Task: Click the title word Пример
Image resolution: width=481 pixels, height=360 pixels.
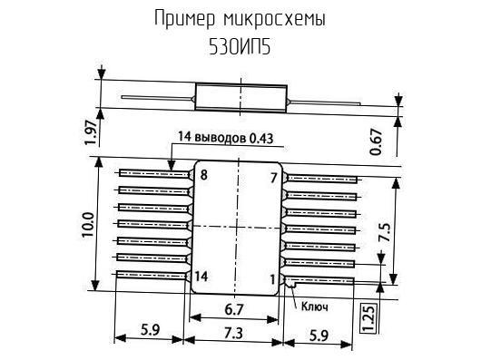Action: (184, 19)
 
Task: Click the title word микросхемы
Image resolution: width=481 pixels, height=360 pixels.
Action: (275, 20)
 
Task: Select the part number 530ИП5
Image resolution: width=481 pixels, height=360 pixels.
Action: (240, 47)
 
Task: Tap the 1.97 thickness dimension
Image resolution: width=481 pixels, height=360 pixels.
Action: (92, 131)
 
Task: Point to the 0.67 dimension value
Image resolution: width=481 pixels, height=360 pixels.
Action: (377, 141)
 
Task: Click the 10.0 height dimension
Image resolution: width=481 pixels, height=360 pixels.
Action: (88, 224)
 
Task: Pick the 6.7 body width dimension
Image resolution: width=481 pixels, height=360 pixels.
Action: (234, 309)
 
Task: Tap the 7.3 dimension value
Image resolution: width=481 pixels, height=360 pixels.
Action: (233, 333)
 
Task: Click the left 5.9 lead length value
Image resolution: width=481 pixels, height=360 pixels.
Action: (151, 330)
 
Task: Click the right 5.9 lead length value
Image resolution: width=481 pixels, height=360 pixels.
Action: (319, 336)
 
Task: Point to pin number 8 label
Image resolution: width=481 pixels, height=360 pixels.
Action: (203, 175)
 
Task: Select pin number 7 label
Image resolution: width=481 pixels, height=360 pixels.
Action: (274, 178)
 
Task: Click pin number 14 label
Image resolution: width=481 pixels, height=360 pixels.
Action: (201, 277)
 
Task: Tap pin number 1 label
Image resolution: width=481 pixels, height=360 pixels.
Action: (272, 279)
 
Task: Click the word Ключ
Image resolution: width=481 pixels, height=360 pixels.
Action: (315, 306)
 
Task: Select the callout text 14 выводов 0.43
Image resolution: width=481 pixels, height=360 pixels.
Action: (225, 138)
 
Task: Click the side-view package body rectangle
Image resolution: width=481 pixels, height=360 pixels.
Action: (241, 97)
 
